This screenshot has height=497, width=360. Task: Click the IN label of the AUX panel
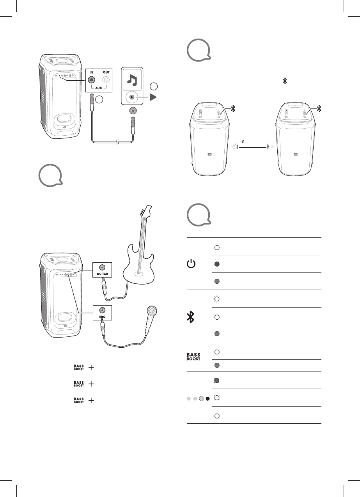click(91, 72)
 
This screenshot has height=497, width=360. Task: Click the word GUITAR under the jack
click(102, 274)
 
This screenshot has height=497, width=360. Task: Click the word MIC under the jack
click(102, 317)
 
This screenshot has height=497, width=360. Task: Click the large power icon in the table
click(191, 264)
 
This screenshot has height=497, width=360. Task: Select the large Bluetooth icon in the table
click(191, 317)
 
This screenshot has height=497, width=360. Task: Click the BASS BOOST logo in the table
click(193, 356)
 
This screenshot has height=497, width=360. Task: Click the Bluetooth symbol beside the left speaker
click(233, 109)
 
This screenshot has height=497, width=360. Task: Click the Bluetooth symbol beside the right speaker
click(319, 109)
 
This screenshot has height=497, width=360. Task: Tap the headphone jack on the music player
click(133, 111)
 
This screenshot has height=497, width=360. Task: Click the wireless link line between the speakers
click(253, 147)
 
